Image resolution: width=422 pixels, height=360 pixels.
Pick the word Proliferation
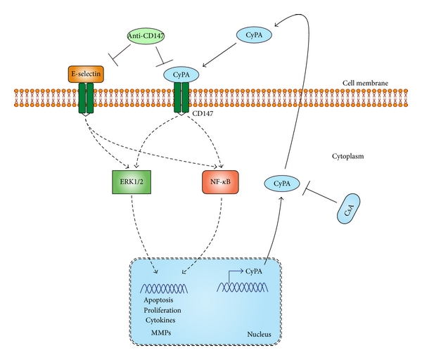tap(163, 309)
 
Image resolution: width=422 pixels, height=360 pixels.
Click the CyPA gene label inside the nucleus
tap(255, 270)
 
